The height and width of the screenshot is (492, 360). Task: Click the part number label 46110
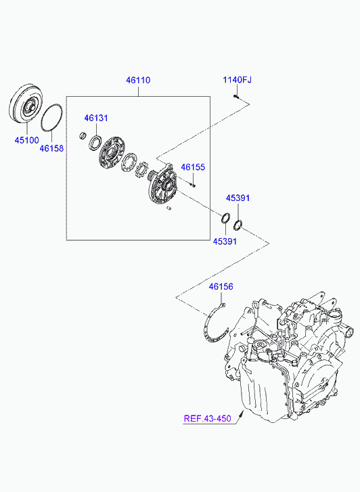[x=138, y=80]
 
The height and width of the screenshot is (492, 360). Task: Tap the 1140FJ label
[x=238, y=80]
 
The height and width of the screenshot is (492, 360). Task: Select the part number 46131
[x=95, y=118]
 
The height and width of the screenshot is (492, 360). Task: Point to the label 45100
[x=26, y=140]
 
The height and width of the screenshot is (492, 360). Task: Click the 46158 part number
[x=51, y=148]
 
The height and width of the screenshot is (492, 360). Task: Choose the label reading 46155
[x=193, y=167]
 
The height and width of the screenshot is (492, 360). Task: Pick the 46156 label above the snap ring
[x=221, y=286]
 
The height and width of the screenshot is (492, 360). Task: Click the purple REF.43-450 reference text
[x=207, y=418]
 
